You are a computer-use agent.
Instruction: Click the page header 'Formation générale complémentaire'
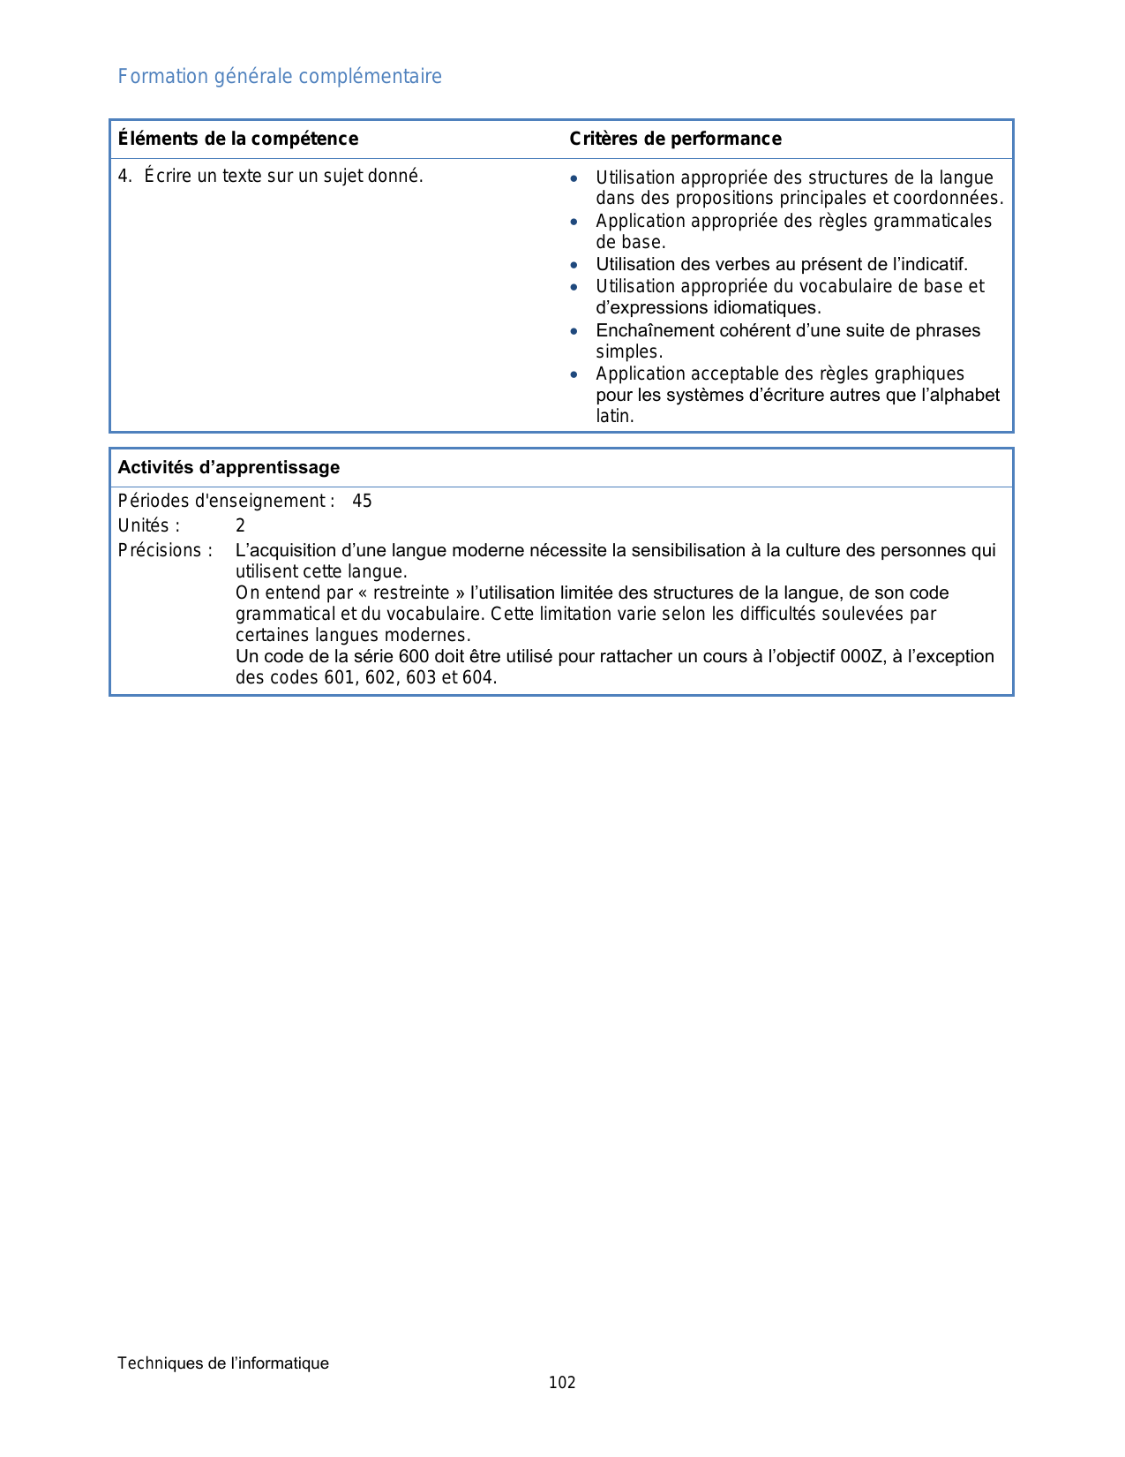coord(280,77)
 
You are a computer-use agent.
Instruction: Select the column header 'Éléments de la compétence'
coord(238,139)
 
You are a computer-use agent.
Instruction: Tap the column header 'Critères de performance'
coord(675,139)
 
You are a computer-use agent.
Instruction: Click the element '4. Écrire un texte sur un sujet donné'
coord(271,176)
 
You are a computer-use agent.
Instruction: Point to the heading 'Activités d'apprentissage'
coord(229,467)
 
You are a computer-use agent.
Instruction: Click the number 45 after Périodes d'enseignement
coord(362,502)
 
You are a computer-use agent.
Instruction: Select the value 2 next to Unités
coord(240,526)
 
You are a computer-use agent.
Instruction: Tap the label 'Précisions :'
coord(165,551)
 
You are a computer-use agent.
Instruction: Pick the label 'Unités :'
coord(149,526)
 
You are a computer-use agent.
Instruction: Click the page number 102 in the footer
coord(562,1383)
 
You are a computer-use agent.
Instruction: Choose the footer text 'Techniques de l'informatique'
coord(223,1363)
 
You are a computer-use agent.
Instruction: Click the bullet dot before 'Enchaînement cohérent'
coord(574,331)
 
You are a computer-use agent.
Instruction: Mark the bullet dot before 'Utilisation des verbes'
coord(574,265)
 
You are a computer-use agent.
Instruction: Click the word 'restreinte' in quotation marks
coord(411,593)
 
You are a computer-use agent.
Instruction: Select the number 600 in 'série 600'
coord(414,657)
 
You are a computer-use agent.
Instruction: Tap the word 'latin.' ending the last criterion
coord(615,416)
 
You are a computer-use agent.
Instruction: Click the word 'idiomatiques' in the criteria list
coord(769,308)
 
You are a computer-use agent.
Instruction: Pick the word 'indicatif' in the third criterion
coord(934,265)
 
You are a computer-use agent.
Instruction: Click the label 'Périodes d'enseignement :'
coord(227,502)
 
